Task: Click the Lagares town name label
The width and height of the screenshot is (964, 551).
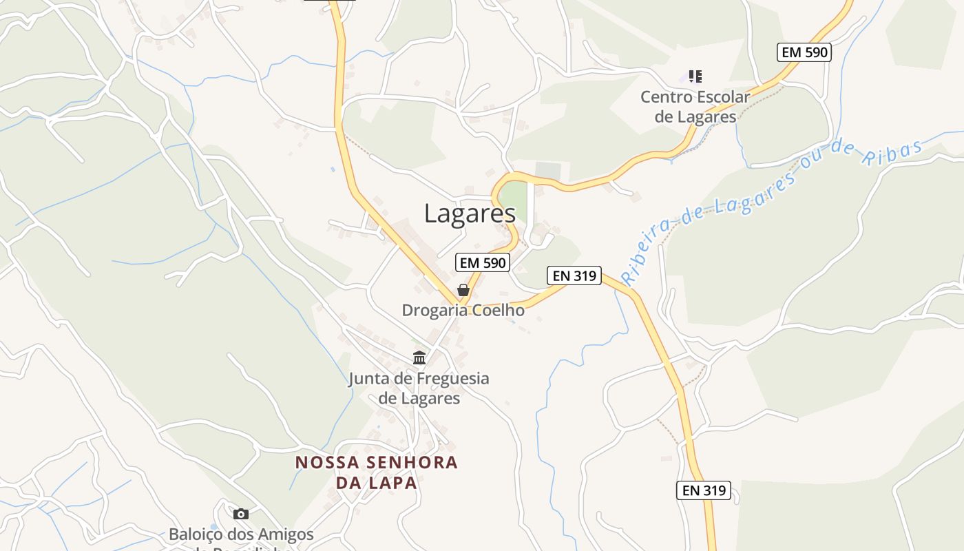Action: tap(470, 214)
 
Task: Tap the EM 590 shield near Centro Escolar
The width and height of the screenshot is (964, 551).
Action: tap(804, 52)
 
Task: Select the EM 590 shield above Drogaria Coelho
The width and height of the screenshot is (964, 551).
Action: tap(483, 262)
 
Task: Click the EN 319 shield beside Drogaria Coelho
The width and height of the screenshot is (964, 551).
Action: tap(574, 275)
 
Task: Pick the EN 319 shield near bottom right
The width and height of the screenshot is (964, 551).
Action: tap(703, 490)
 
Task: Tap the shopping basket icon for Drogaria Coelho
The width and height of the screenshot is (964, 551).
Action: tap(463, 291)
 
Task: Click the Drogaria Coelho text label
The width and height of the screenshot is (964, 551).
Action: tap(463, 311)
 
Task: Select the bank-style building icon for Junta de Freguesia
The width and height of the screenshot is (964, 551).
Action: tap(419, 357)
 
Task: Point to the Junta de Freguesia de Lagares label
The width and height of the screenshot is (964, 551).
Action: tap(419, 388)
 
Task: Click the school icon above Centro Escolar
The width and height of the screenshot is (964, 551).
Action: tap(695, 76)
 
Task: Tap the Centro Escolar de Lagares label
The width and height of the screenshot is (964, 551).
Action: tap(695, 107)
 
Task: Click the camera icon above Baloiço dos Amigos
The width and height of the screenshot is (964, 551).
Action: tap(240, 514)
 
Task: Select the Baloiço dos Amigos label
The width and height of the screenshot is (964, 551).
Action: tap(241, 534)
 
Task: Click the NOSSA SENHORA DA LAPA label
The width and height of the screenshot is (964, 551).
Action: tap(377, 472)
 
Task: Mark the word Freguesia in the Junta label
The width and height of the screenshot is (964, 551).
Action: tap(448, 378)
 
